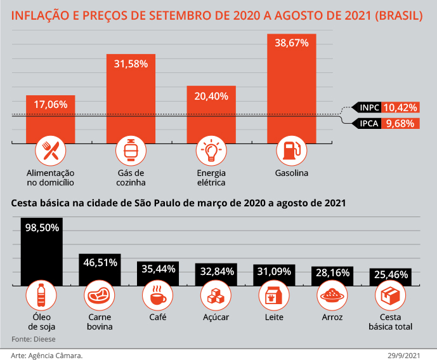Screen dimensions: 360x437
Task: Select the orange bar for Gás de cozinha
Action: pyautogui.click(x=131, y=102)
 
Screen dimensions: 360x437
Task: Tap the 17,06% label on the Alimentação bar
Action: pyautogui.click(x=51, y=104)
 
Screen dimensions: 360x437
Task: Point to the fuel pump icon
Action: pyautogui.click(x=292, y=150)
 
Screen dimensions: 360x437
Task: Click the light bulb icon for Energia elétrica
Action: pyautogui.click(x=211, y=150)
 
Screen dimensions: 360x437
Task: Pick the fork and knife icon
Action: pyautogui.click(x=51, y=150)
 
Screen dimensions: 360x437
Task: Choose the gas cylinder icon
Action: pyautogui.click(x=131, y=150)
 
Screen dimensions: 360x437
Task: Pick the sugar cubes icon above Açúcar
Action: pyautogui.click(x=216, y=296)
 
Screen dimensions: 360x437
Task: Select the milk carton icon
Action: pyautogui.click(x=274, y=296)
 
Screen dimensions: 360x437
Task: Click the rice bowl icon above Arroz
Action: pyautogui.click(x=332, y=296)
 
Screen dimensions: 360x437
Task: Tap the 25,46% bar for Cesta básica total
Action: pyautogui.click(x=391, y=276)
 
